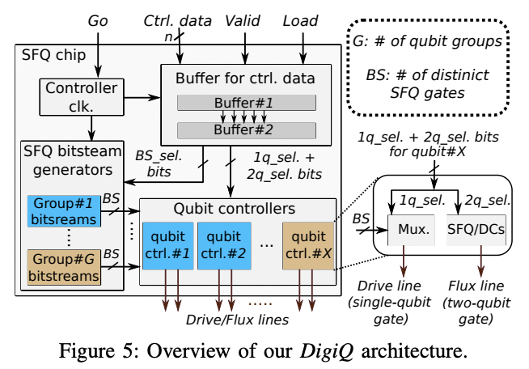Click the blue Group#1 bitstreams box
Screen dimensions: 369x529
pyautogui.click(x=64, y=213)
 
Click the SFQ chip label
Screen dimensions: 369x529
pyautogui.click(x=49, y=55)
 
